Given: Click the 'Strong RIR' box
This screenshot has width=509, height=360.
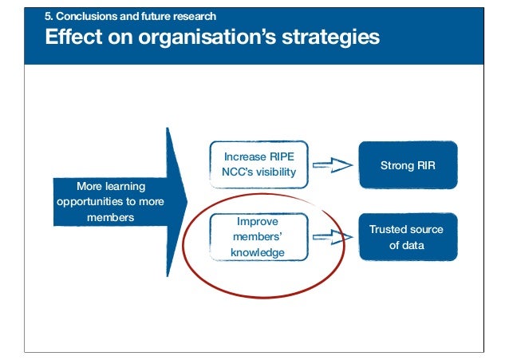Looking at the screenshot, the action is click(408, 165).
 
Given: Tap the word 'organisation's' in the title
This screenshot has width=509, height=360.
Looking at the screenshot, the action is click(203, 37).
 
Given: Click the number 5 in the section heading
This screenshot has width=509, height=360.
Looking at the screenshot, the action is click(47, 15).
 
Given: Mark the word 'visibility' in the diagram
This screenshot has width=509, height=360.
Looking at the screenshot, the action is click(273, 172).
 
